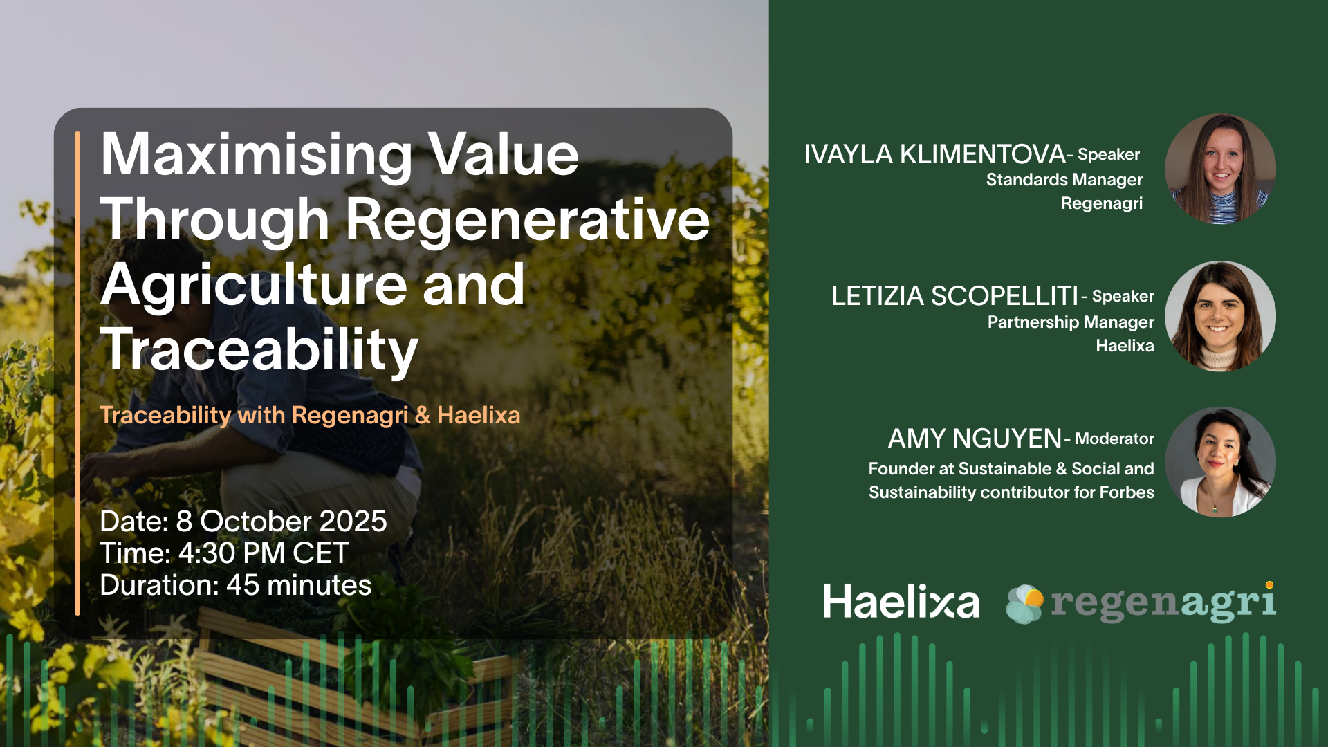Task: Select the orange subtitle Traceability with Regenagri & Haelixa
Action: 310,416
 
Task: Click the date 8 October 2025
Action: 282,522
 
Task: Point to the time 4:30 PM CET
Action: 264,553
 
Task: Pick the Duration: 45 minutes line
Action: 236,585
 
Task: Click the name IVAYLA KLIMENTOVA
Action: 934,154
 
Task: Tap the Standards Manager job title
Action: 1064,180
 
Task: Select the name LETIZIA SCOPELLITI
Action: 954,296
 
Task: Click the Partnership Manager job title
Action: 1071,322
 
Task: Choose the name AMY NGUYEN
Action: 975,439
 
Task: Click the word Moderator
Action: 1114,439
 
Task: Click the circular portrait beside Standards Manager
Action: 1221,169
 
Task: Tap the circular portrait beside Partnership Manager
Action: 1221,316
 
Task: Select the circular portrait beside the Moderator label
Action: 1221,462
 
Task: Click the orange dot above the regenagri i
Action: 1269,585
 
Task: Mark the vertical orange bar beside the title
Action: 77,373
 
